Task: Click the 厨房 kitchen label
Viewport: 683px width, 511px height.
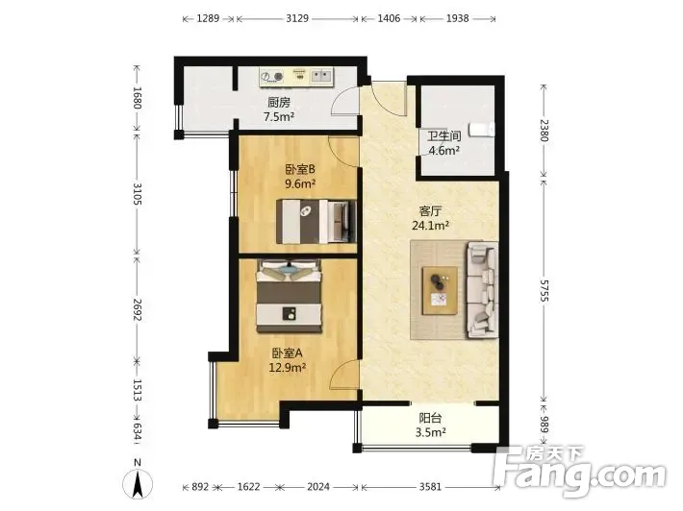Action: point(278,103)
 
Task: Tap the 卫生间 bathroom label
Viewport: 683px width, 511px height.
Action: point(443,136)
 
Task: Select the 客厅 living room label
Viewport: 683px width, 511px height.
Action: point(430,211)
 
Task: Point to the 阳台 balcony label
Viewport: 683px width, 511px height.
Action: point(430,418)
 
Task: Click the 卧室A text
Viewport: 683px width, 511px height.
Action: point(288,353)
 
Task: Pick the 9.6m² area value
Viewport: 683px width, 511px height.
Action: point(300,183)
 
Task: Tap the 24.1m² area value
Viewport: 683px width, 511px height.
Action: point(430,226)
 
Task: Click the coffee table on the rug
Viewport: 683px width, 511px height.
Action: point(440,290)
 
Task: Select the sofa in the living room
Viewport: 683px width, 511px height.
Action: point(482,290)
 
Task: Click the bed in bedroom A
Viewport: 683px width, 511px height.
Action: point(290,296)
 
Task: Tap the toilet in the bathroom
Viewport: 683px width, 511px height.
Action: point(482,130)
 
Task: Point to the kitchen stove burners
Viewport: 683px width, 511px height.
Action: point(272,77)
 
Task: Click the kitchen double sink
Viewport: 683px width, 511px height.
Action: point(321,77)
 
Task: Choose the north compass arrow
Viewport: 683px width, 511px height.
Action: point(138,483)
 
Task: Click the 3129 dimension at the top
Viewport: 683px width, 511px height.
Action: point(297,18)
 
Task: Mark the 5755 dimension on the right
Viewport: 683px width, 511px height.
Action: point(544,290)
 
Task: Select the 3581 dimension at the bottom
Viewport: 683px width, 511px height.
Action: point(430,487)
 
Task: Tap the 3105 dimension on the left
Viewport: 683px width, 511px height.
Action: point(138,194)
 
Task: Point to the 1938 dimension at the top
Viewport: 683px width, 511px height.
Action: point(457,18)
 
